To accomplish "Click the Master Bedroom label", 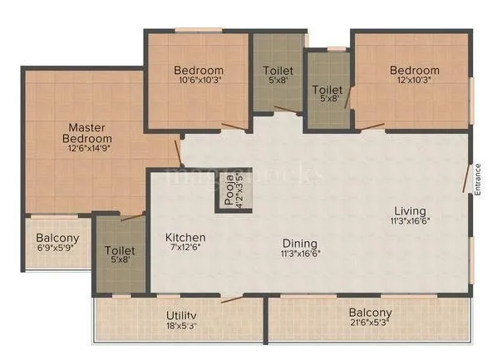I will click(90, 133).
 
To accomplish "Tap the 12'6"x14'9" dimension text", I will click(90, 147).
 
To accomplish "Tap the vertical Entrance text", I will click(478, 180).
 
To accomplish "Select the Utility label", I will click(180, 315).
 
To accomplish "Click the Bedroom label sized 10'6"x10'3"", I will click(199, 70).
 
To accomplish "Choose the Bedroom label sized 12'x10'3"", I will click(415, 70).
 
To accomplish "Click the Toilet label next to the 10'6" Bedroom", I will click(277, 71).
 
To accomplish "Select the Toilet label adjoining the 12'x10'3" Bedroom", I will click(327, 89).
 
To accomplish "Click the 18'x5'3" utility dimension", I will click(180, 326).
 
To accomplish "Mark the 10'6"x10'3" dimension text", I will click(199, 81).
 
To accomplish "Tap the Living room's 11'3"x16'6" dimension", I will click(410, 221).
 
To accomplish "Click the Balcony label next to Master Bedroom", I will click(57, 239).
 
